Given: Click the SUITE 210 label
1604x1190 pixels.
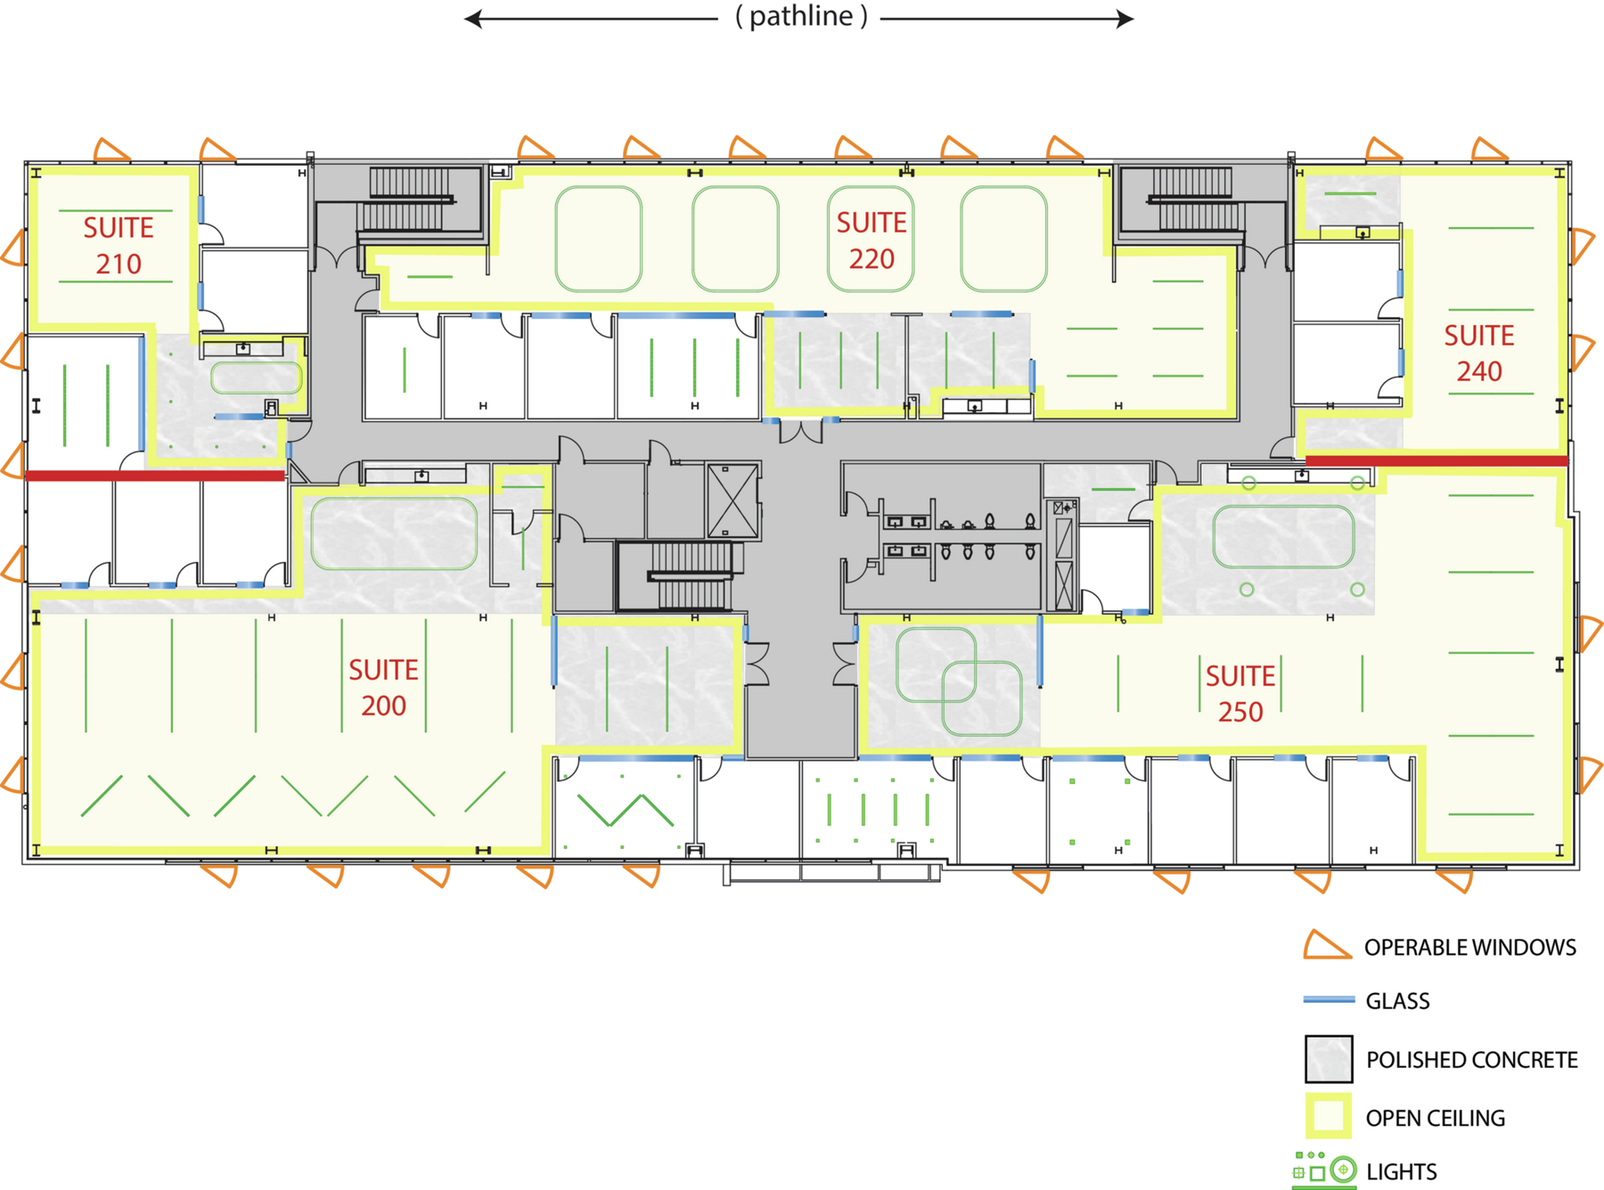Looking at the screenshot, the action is (x=119, y=246).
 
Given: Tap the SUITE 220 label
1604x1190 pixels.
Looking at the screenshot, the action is (x=871, y=240).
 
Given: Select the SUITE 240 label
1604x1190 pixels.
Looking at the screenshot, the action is (x=1479, y=353).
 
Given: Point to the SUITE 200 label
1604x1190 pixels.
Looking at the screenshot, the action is (x=383, y=688).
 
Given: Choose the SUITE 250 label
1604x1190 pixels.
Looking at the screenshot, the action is (x=1240, y=694).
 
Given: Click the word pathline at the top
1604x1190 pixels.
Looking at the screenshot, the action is (x=801, y=16).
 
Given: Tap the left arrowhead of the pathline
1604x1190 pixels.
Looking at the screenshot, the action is (x=473, y=19).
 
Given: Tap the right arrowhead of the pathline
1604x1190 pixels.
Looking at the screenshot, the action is (x=1125, y=19).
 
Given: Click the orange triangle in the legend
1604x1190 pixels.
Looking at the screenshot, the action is (x=1326, y=947).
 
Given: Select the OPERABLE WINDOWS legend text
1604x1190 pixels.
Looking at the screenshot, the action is (x=1470, y=948).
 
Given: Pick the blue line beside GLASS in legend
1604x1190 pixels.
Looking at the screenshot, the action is (x=1329, y=1000).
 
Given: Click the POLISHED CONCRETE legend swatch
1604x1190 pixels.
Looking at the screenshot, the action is (x=1329, y=1059).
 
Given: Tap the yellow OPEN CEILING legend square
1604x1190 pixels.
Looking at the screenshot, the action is (x=1329, y=1116).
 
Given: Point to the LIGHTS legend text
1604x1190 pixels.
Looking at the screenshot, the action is (x=1402, y=1172).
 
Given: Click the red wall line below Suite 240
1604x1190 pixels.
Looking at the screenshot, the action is (x=1436, y=461).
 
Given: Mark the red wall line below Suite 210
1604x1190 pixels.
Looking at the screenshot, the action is (x=155, y=476).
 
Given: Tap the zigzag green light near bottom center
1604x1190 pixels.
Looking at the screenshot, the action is (x=626, y=809).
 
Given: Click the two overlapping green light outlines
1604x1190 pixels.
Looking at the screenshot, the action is (x=959, y=681).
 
